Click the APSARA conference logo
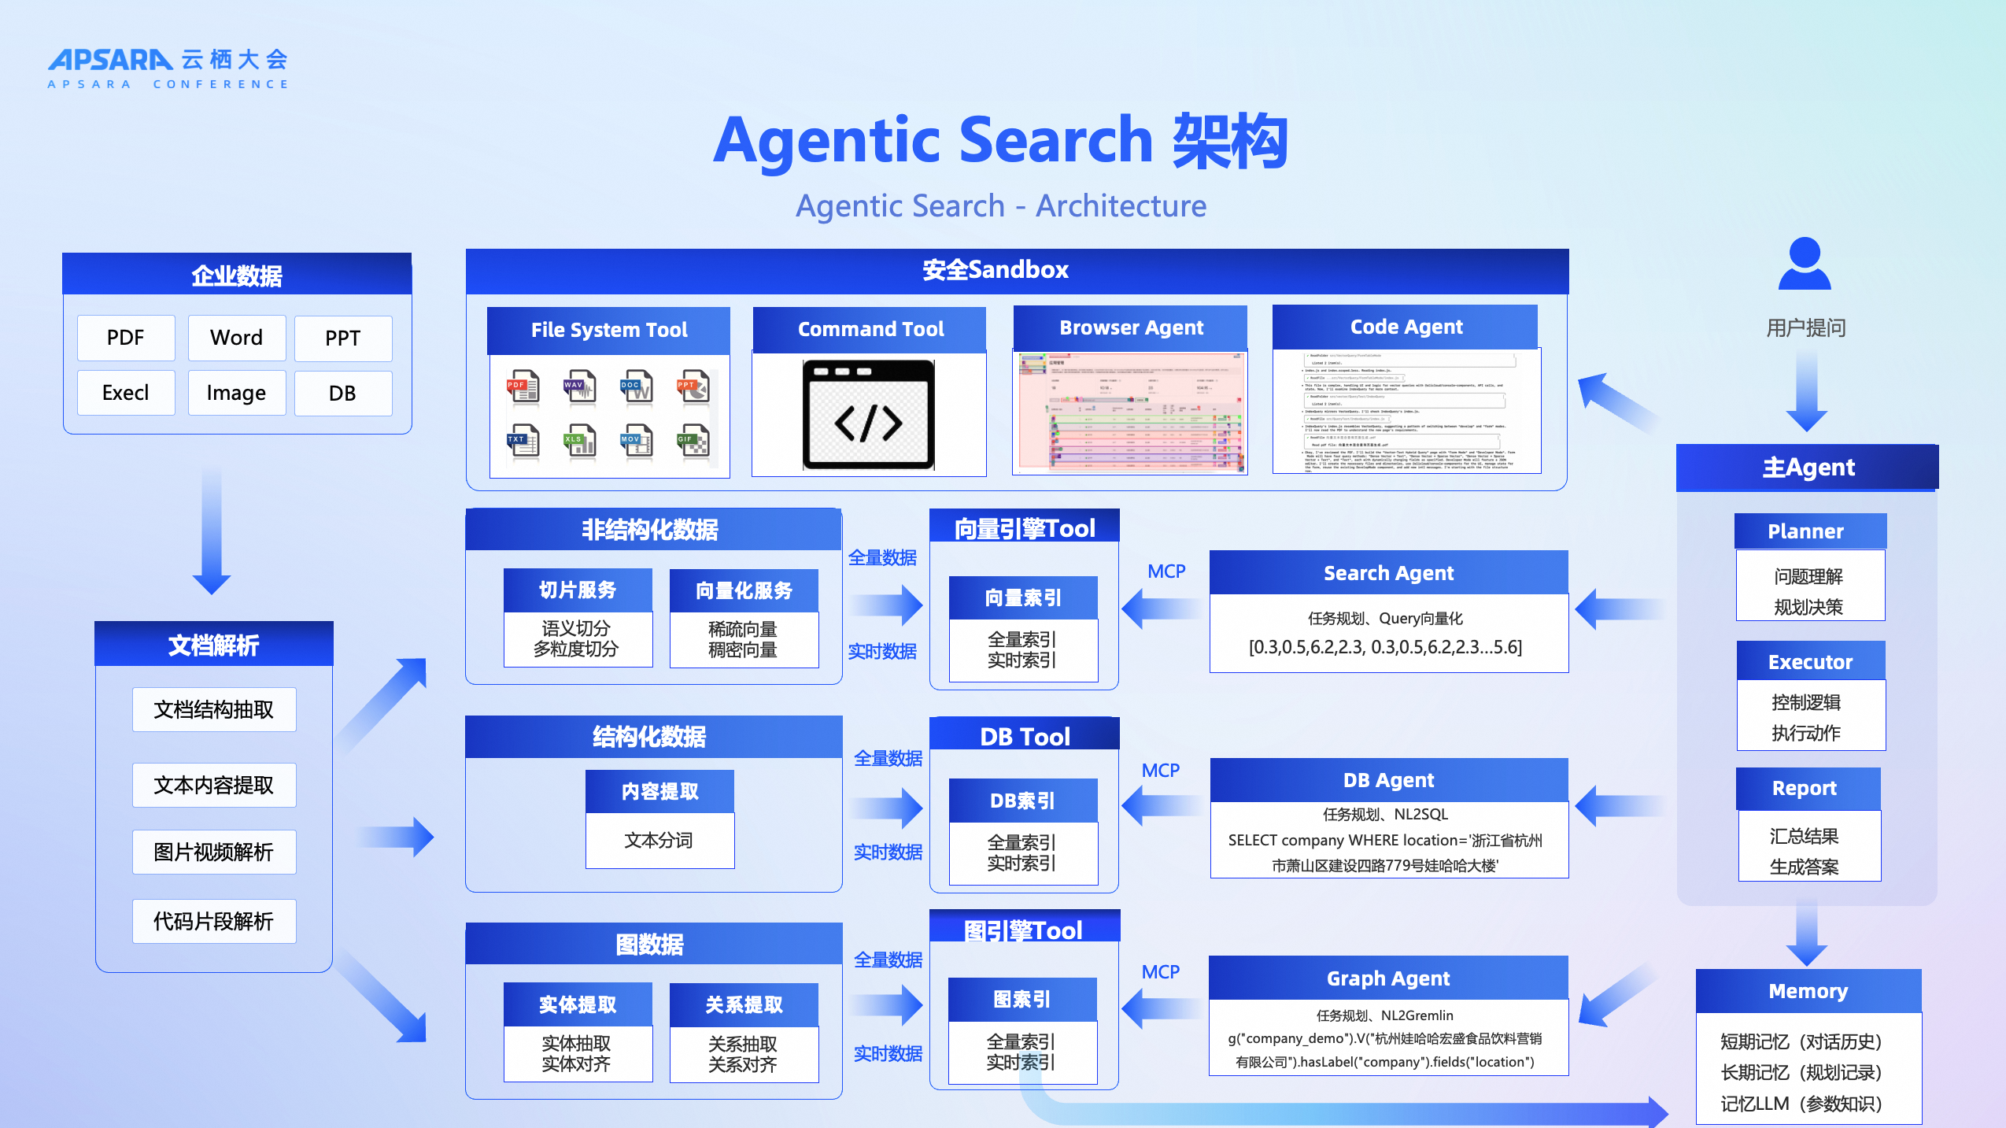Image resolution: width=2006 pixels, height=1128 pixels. (168, 68)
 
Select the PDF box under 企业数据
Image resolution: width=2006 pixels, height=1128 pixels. (126, 338)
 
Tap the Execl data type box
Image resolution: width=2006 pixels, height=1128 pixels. (126, 393)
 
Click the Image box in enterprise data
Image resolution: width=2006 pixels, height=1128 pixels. (236, 393)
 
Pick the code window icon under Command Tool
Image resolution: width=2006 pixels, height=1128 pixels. (868, 415)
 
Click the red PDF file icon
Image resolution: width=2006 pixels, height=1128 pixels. (523, 386)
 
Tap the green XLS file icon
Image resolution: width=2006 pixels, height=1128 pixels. (580, 441)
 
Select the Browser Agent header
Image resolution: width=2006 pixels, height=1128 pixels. (1130, 327)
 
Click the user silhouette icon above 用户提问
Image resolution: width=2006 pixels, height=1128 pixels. (1805, 264)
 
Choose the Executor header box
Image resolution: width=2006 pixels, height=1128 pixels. (1810, 661)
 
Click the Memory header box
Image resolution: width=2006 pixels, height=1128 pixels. (1808, 991)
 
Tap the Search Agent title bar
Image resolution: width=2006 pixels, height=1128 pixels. (1388, 573)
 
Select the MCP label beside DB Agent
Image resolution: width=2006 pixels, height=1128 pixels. (1160, 771)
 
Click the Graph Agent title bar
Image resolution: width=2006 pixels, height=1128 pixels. (1388, 978)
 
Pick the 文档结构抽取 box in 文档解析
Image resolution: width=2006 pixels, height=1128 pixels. (214, 710)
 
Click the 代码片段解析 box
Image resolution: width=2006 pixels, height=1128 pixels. (214, 921)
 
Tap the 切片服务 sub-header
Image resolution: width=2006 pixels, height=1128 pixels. (578, 590)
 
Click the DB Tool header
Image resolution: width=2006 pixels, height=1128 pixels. (1024, 736)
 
